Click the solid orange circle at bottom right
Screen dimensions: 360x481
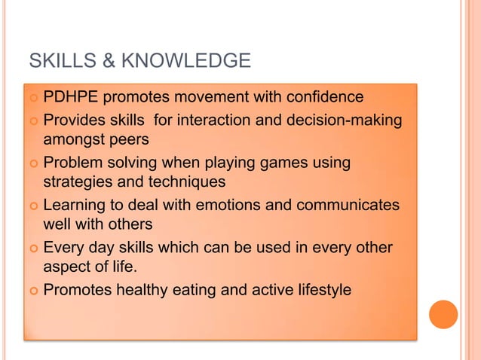[443, 314]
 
